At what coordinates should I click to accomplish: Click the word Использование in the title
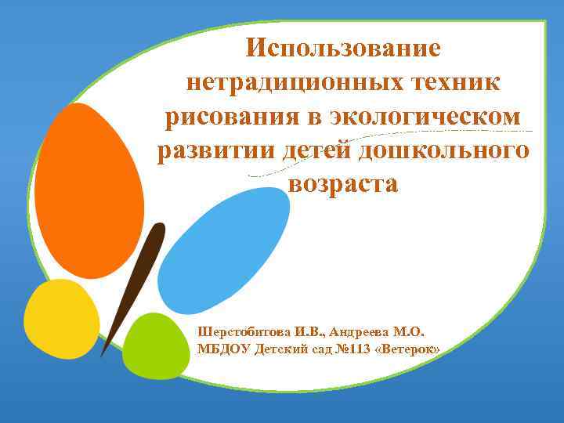pyautogui.click(x=343, y=49)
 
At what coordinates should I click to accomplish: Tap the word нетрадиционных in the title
pyautogui.click(x=273, y=83)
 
